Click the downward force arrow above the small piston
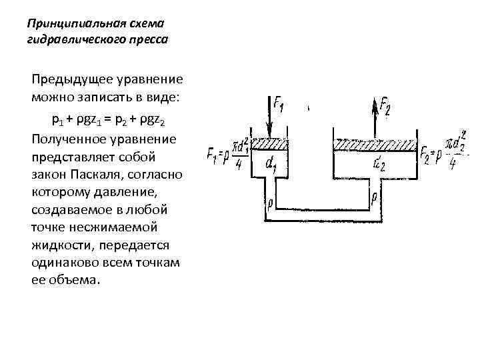tap(269, 115)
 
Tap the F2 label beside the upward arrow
tap(386, 105)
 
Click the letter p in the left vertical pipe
tap(269, 201)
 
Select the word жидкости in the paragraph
tap(59, 245)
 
